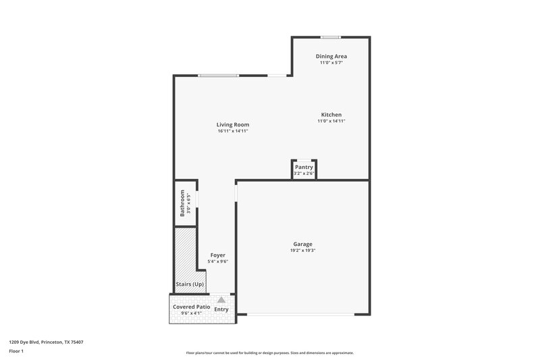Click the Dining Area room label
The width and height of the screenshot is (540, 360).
tap(331, 56)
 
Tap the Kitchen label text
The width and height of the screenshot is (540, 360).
tap(331, 115)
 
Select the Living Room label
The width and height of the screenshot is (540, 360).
tap(233, 125)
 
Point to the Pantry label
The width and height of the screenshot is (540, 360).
tap(304, 167)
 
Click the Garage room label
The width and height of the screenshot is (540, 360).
tap(302, 244)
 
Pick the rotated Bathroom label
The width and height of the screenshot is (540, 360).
tap(182, 203)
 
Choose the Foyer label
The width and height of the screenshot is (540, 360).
tap(217, 255)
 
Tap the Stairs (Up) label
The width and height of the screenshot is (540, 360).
tap(190, 284)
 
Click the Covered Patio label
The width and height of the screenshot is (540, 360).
tap(191, 307)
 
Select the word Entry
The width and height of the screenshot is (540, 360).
tap(221, 309)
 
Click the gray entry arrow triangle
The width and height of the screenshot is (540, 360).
tap(221, 299)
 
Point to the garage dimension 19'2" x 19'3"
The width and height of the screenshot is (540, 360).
tap(302, 251)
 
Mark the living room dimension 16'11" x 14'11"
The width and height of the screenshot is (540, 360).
tap(233, 131)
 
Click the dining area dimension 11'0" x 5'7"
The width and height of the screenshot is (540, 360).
tap(331, 62)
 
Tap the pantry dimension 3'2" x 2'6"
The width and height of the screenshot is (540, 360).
tap(304, 174)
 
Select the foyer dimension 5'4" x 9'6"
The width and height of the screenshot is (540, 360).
tap(217, 261)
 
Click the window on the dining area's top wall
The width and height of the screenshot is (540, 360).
tap(330, 37)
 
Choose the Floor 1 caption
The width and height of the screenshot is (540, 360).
tap(16, 352)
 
